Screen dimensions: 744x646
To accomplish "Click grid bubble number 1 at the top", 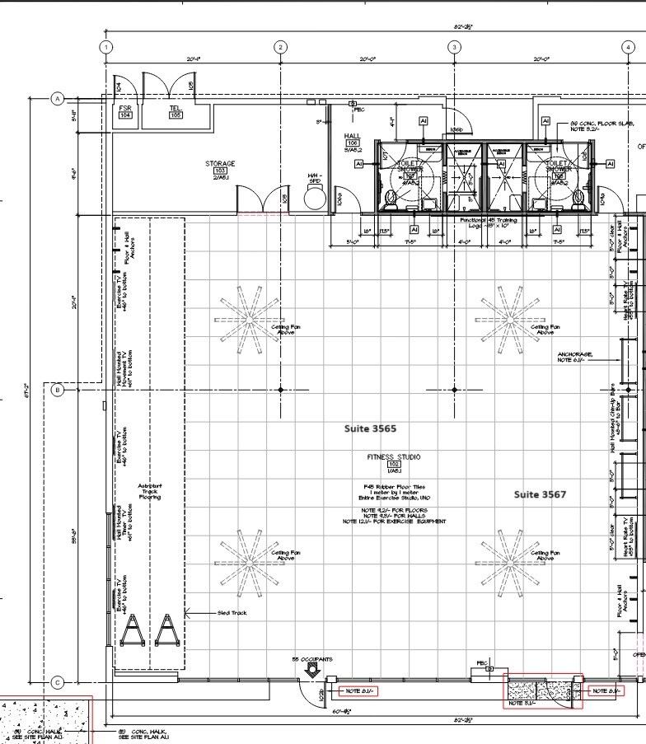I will (x=106, y=47).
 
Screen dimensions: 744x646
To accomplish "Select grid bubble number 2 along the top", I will (x=280, y=47).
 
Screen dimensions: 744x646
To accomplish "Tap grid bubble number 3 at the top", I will (x=454, y=47).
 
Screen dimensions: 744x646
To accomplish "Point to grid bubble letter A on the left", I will (x=58, y=99).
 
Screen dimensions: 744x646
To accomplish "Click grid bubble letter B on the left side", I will (x=58, y=390).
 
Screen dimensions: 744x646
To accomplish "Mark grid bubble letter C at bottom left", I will (x=58, y=682).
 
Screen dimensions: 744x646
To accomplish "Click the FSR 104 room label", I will (x=125, y=112).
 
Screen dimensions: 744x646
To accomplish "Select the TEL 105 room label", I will (x=176, y=112).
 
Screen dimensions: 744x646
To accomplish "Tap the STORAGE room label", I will (x=220, y=169).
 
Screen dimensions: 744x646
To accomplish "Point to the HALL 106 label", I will (x=352, y=142).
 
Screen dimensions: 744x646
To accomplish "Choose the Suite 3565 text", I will (x=370, y=429).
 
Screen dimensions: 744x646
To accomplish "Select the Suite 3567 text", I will (x=540, y=494).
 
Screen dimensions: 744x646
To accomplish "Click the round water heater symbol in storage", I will (x=315, y=197).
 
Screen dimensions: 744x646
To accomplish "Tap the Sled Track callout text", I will (x=232, y=636).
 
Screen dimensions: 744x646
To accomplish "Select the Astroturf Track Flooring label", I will (x=150, y=492).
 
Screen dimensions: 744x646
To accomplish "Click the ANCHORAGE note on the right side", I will (x=574, y=357).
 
